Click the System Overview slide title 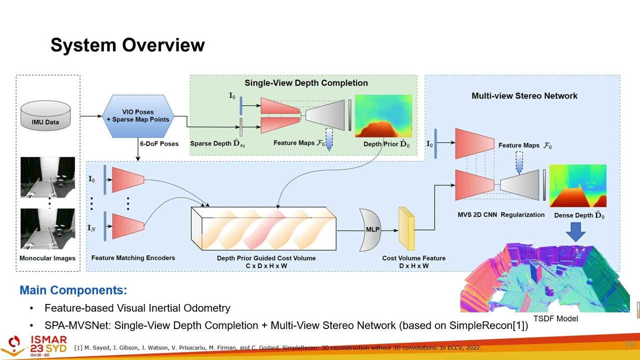click(x=127, y=45)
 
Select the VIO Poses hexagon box click(x=137, y=115)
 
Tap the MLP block click(x=371, y=230)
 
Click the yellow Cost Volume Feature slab click(x=406, y=229)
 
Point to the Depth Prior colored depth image click(x=383, y=115)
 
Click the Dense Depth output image click(x=577, y=185)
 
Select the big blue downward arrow click(x=575, y=231)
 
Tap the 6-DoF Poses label click(x=159, y=144)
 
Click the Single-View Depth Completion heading click(x=306, y=83)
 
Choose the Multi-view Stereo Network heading click(x=524, y=95)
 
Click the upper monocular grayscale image click(x=47, y=177)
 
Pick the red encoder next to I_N click(x=128, y=226)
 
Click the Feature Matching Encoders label click(x=133, y=258)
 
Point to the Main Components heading click(x=73, y=290)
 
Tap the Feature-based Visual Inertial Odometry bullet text click(x=137, y=308)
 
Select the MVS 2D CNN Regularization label click(x=501, y=214)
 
